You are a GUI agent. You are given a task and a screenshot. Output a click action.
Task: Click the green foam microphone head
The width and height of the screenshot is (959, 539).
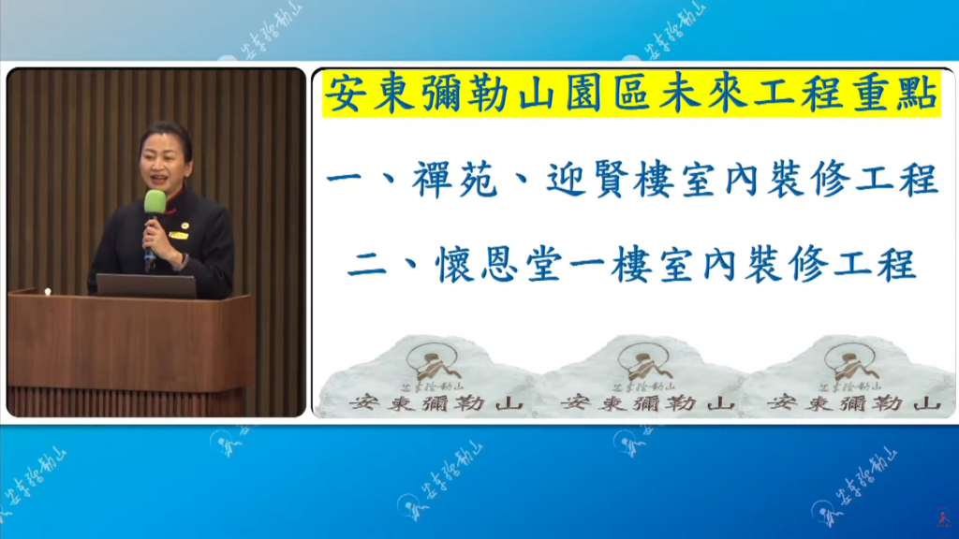[155, 201]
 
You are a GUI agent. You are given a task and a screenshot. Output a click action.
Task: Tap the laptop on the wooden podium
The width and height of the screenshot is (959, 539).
[146, 285]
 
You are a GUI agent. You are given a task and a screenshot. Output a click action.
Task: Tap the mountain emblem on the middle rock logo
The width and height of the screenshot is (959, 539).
[644, 360]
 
